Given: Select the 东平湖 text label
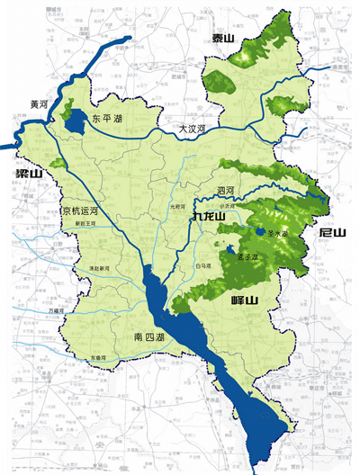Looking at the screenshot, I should tap(107, 118).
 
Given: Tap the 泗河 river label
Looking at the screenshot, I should tap(225, 191).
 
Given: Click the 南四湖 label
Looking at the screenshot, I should tap(148, 337).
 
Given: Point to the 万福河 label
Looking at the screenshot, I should tap(56, 310).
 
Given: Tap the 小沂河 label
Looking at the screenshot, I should tap(240, 206).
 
